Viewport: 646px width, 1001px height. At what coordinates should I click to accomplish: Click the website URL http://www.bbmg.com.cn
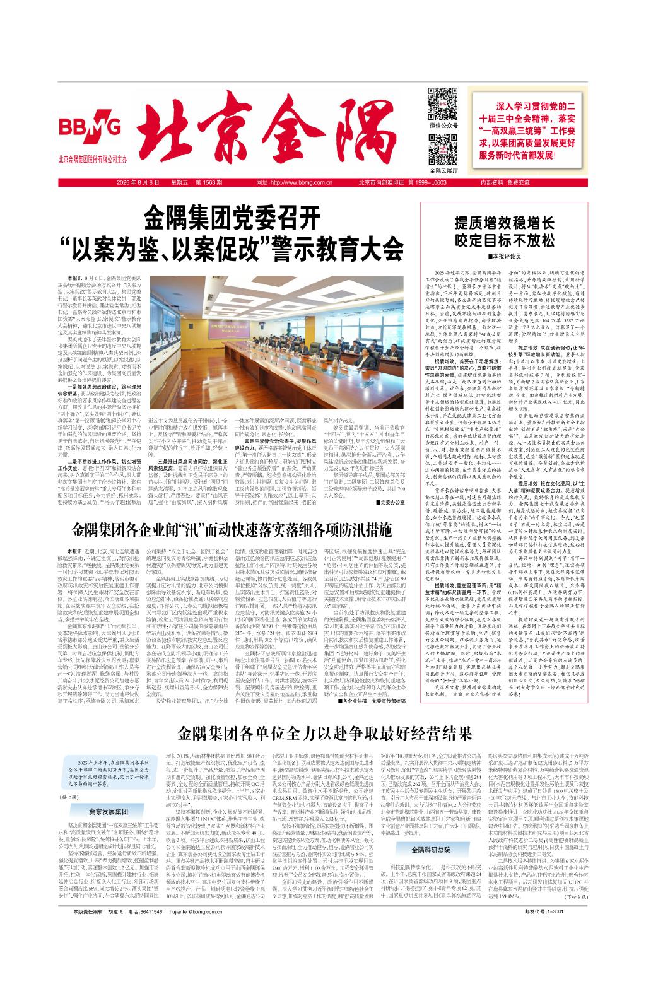295,182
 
